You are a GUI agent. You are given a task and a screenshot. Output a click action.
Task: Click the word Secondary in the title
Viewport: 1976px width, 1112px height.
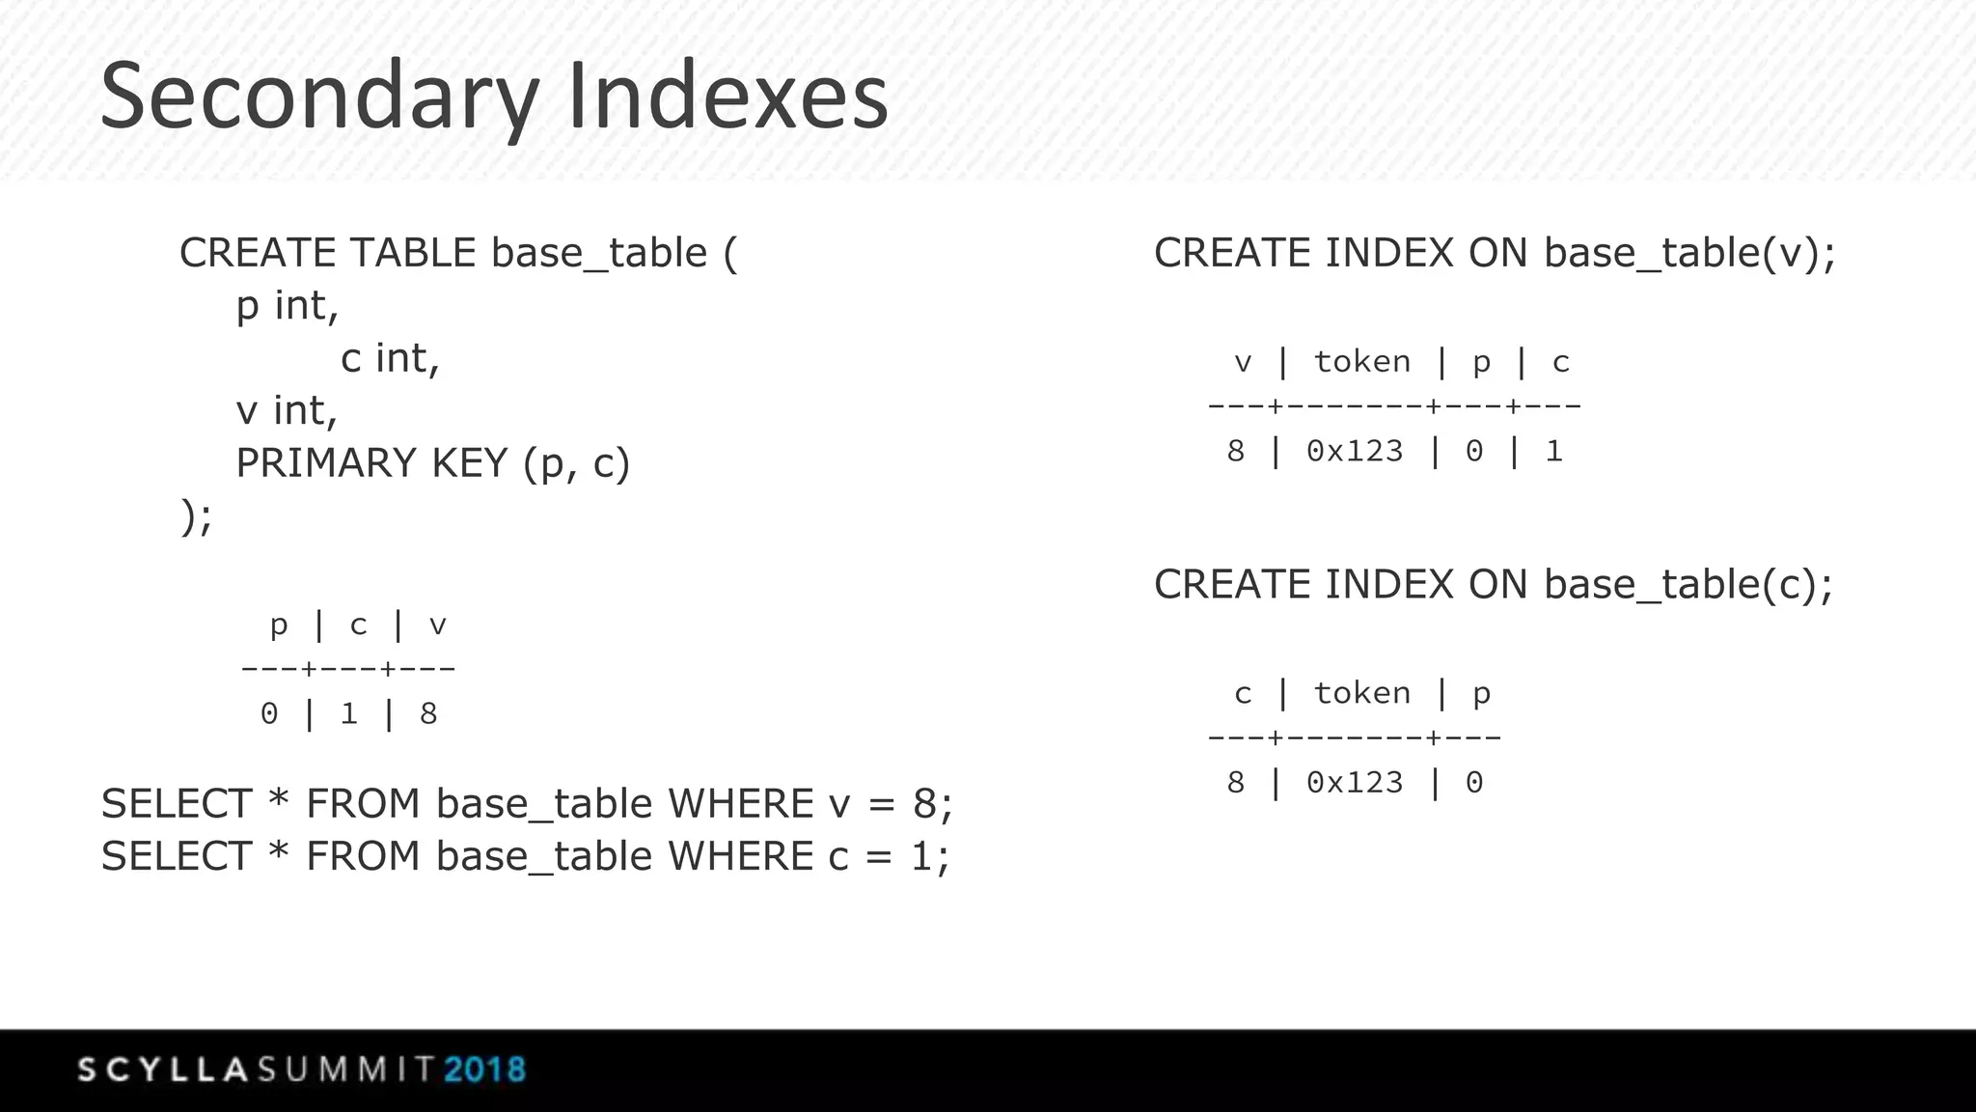(318, 97)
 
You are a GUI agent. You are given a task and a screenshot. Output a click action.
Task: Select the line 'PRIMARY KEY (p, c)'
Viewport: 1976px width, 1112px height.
(432, 463)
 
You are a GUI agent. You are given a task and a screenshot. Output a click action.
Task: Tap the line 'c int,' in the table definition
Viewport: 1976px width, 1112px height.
(390, 358)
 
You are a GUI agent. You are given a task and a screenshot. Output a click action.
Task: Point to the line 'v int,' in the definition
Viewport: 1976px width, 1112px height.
(287, 410)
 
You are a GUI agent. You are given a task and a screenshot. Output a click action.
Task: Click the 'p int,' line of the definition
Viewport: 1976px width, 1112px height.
(288, 306)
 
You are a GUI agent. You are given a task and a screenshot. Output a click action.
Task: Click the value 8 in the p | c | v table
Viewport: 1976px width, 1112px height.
(428, 714)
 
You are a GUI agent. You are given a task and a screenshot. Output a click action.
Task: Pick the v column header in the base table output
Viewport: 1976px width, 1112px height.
(437, 625)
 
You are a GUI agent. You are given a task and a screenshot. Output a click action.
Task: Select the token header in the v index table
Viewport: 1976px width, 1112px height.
(1361, 362)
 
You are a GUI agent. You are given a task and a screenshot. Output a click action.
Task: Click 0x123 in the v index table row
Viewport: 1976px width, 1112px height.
(1354, 452)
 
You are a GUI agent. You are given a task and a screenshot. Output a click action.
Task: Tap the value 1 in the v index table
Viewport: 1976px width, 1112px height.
(1553, 452)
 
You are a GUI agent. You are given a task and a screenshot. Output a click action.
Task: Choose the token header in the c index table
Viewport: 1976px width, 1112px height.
(1361, 693)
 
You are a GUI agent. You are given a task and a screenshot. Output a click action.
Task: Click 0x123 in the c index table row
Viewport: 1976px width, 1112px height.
(1354, 783)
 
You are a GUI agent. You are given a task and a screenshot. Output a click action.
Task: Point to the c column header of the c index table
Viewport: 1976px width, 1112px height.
(1243, 693)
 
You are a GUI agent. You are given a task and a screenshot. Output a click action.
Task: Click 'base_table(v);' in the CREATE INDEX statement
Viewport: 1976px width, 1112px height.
(1688, 253)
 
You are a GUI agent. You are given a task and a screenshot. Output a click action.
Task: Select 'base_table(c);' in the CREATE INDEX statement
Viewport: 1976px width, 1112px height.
(1688, 585)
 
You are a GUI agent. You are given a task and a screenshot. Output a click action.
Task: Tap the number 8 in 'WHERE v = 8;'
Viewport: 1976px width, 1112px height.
(924, 804)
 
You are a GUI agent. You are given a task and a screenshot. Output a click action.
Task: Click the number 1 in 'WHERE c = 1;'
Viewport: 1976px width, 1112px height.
(922, 856)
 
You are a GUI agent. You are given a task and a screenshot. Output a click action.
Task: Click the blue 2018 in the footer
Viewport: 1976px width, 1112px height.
(484, 1070)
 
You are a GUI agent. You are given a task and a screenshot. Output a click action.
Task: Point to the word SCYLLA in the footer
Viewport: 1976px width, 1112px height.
(164, 1070)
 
